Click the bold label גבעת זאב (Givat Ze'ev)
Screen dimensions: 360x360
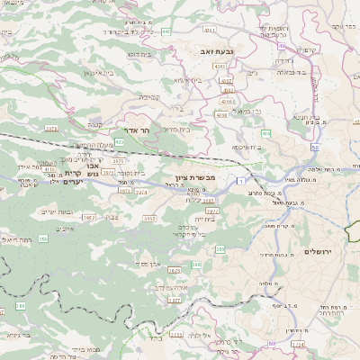(217, 53)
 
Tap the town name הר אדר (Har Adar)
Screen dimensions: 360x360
(136, 130)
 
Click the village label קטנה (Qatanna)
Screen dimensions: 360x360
(148, 96)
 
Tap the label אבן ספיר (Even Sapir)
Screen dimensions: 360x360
(147, 264)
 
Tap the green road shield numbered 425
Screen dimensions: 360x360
(121, 141)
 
